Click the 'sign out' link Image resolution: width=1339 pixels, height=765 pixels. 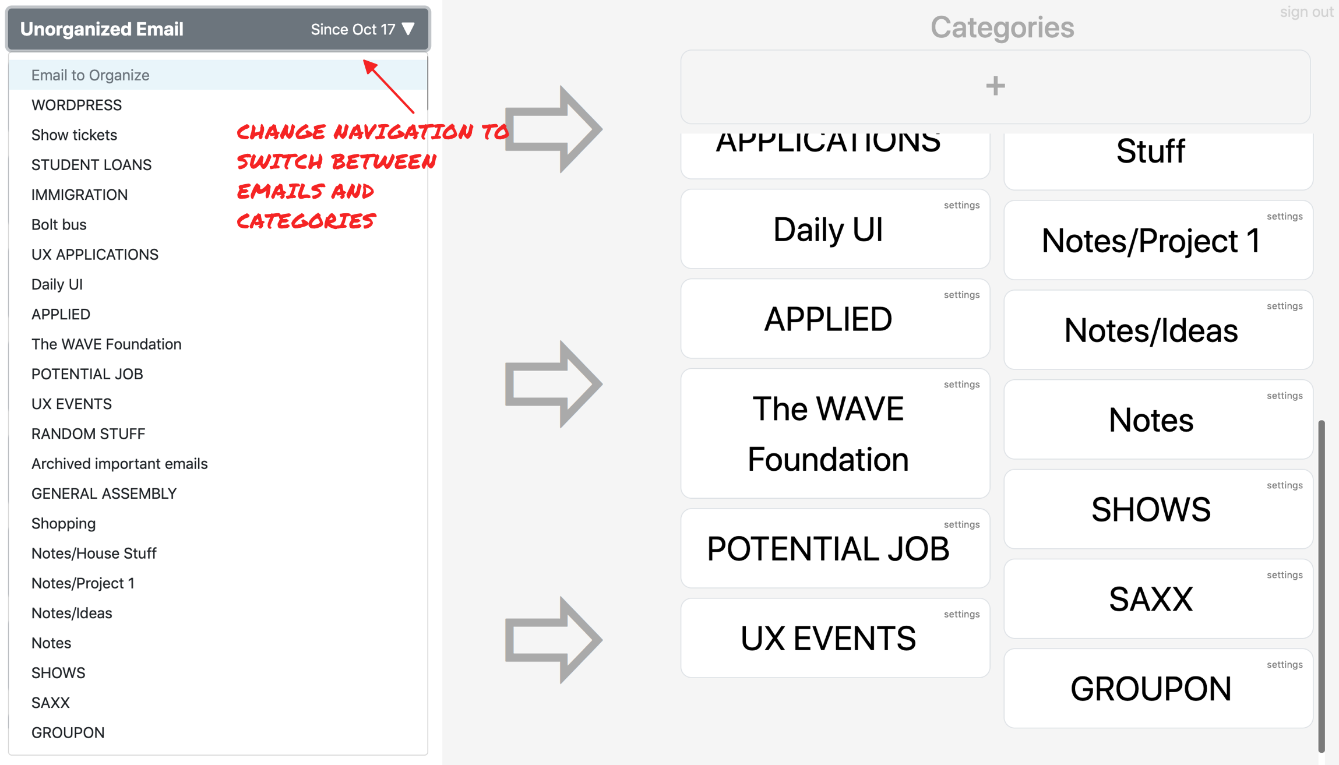point(1306,12)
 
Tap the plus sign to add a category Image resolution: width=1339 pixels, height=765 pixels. point(995,86)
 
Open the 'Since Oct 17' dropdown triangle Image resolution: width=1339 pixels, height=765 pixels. point(408,29)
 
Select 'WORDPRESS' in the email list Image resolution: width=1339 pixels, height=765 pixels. point(76,105)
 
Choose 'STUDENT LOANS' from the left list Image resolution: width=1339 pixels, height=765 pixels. point(91,165)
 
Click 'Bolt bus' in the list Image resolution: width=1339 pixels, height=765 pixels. point(59,224)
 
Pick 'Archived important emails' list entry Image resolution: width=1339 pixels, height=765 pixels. point(119,464)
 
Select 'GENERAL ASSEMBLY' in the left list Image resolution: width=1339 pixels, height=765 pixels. point(104,493)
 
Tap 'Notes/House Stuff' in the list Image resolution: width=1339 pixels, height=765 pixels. point(94,554)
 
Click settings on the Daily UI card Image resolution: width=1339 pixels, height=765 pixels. point(961,205)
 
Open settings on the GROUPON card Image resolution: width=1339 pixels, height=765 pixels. point(1284,664)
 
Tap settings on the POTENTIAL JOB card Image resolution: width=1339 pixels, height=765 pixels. point(961,524)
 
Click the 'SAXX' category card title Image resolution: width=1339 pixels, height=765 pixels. point(1151,599)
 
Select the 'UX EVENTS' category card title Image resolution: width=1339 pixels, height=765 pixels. point(828,638)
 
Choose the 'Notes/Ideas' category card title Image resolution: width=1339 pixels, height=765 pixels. point(1151,330)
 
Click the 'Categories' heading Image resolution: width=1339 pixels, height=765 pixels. point(1002,27)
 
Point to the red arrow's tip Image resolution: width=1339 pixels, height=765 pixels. point(364,60)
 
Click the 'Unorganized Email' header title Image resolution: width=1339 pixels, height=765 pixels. point(102,29)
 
